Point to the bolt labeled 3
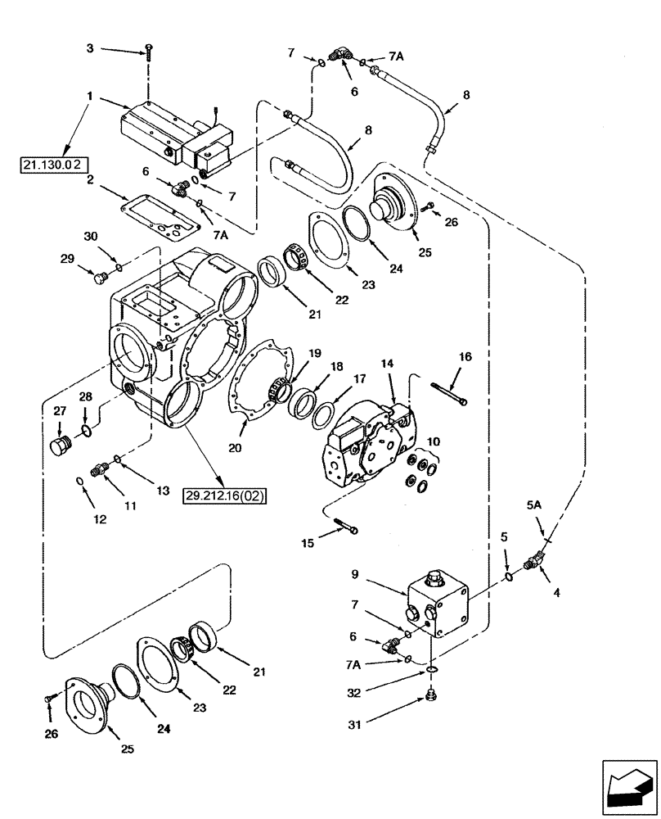click(148, 52)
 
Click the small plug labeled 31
click(429, 698)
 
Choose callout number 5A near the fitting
click(534, 506)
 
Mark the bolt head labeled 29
click(101, 278)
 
